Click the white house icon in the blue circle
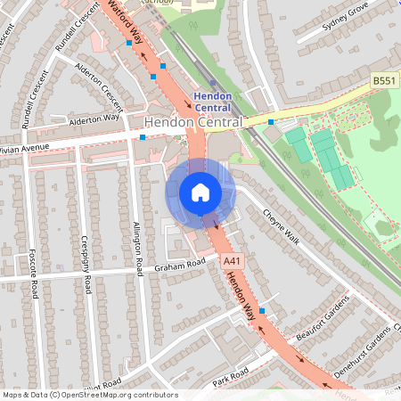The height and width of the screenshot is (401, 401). [200, 192]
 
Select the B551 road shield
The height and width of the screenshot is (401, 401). [384, 81]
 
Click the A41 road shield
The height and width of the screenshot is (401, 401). [232, 260]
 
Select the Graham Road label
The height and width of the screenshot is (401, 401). [179, 264]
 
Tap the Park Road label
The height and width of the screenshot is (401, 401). [229, 377]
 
